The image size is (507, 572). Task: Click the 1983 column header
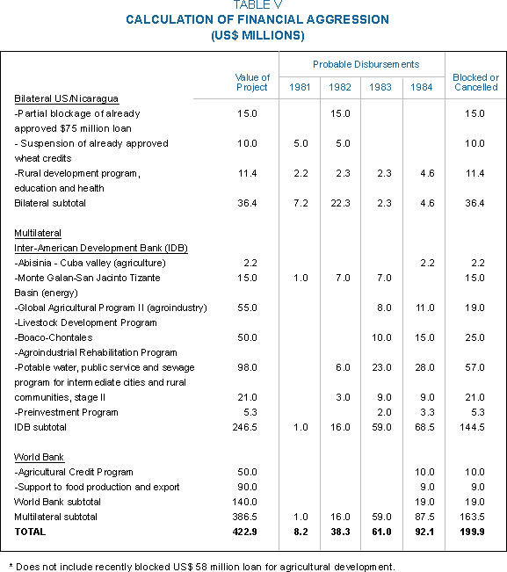[380, 87]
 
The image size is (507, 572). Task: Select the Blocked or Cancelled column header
[476, 83]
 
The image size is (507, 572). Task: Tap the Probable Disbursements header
[366, 64]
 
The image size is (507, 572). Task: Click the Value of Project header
[252, 83]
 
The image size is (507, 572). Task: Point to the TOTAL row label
[30, 532]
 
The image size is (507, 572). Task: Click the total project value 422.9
[245, 532]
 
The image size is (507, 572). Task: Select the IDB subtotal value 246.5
[245, 427]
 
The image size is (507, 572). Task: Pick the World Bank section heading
[39, 457]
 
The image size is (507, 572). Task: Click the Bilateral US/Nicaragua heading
[67, 99]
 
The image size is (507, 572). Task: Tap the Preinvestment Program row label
[67, 412]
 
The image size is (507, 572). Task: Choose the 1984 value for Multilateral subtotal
[424, 517]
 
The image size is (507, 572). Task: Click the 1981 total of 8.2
[301, 532]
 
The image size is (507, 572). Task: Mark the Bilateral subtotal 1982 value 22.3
[340, 203]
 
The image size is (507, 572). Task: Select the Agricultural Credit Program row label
[74, 472]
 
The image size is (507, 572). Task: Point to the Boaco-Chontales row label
[54, 337]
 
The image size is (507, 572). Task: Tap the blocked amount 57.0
[474, 367]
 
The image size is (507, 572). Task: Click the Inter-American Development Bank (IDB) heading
[101, 248]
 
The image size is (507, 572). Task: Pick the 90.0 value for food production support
[247, 487]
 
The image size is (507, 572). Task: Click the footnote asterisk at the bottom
[11, 566]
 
